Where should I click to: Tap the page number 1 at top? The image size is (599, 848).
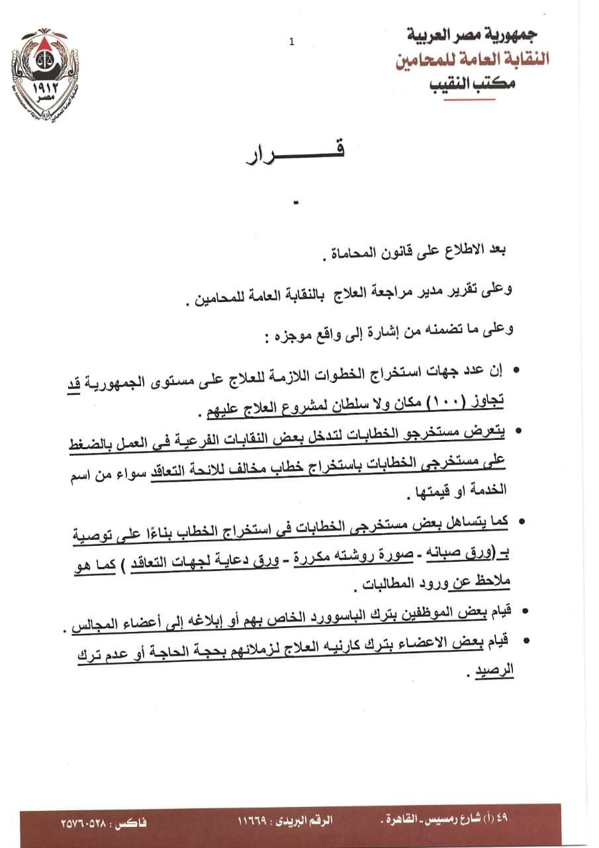(x=291, y=42)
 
